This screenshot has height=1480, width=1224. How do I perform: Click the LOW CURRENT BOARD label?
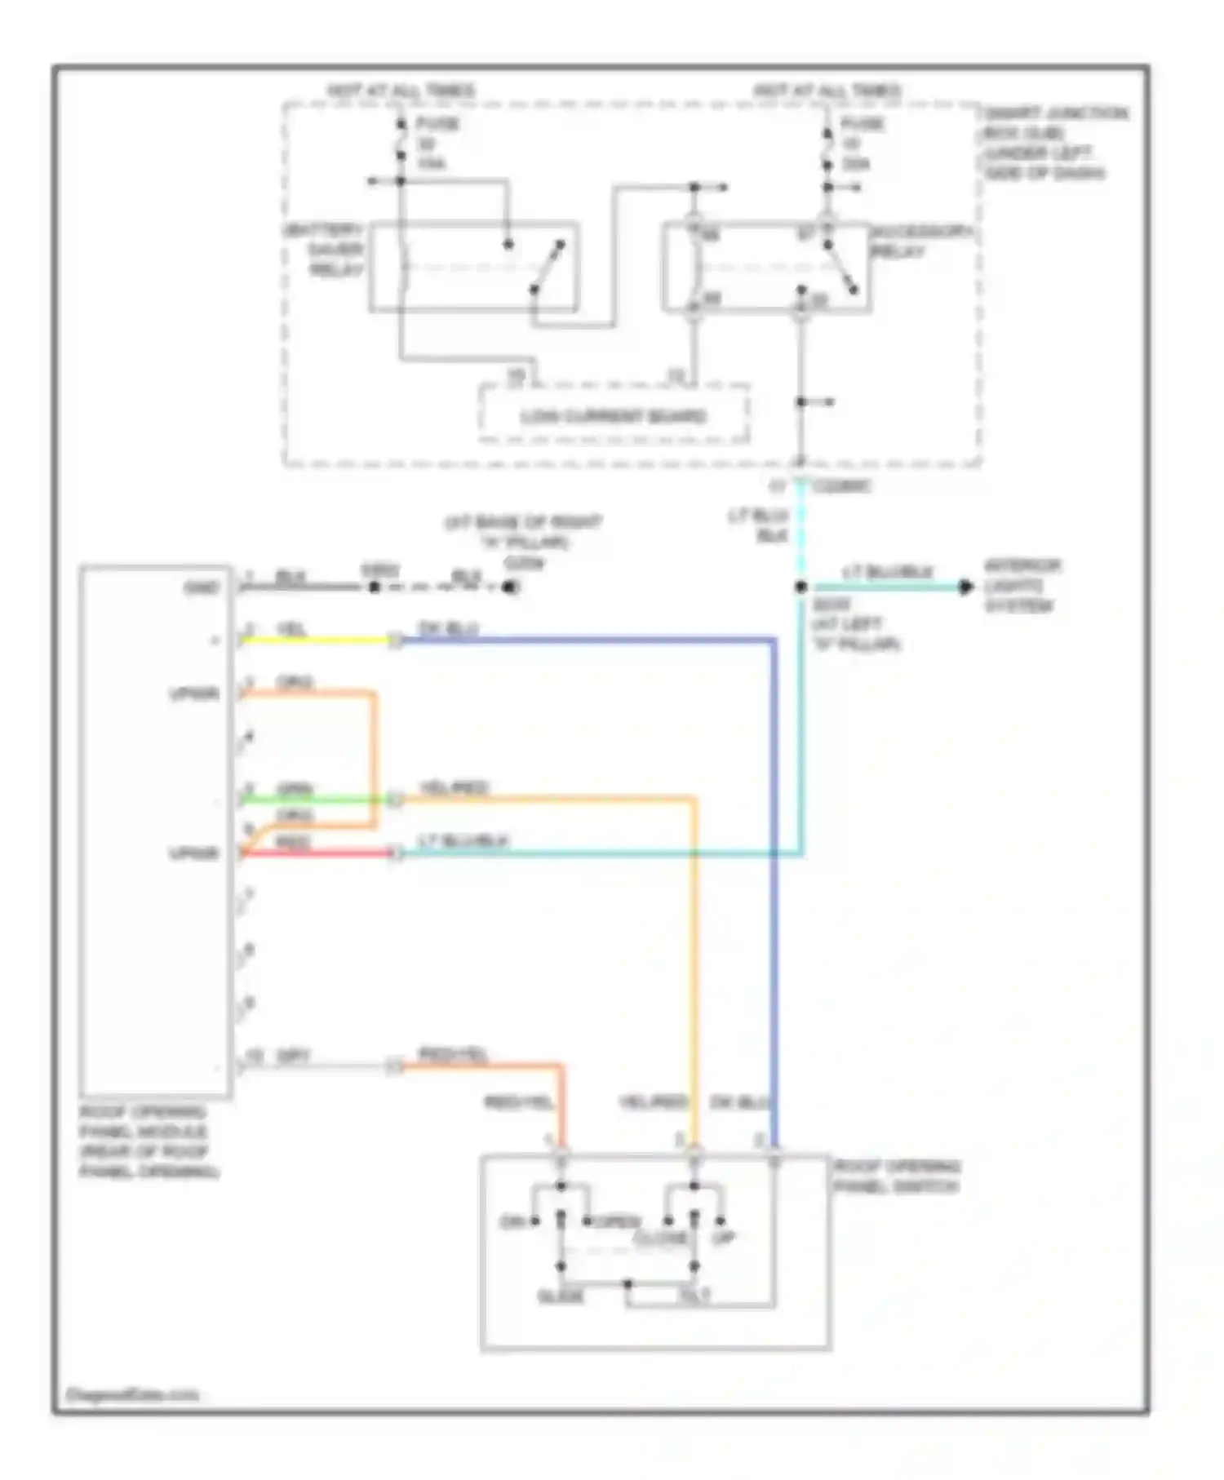pyautogui.click(x=613, y=416)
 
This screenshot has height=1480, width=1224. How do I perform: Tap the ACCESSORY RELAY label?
pyautogui.click(x=920, y=241)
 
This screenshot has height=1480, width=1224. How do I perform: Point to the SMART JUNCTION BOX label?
pyautogui.click(x=1055, y=143)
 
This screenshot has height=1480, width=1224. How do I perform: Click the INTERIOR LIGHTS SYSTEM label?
pyautogui.click(x=1021, y=586)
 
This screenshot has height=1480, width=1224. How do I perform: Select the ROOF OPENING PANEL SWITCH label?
pyautogui.click(x=896, y=1176)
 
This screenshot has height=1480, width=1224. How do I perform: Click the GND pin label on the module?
pyautogui.click(x=202, y=587)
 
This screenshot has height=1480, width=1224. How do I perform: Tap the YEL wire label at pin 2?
pyautogui.click(x=291, y=629)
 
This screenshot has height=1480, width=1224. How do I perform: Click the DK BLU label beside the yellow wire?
pyautogui.click(x=448, y=628)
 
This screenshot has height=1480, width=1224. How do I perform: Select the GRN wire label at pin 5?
pyautogui.click(x=295, y=789)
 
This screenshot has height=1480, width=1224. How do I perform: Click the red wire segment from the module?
pyautogui.click(x=318, y=853)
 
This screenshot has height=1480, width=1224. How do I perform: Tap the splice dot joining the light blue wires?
pyautogui.click(x=801, y=587)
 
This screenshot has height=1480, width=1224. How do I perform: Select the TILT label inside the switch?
pyautogui.click(x=694, y=1296)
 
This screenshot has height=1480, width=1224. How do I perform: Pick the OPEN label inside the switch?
pyautogui.click(x=618, y=1221)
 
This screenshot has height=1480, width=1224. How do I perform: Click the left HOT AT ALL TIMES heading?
pyautogui.click(x=401, y=90)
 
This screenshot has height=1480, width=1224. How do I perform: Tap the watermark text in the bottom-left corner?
pyautogui.click(x=131, y=1394)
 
